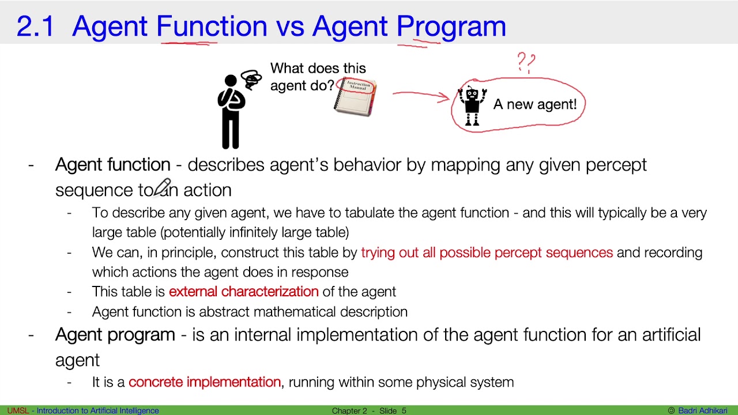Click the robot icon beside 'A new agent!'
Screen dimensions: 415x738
click(x=472, y=105)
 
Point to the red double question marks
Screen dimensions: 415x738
click(x=526, y=62)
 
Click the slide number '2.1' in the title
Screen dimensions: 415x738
click(x=35, y=27)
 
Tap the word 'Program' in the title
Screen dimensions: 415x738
click(x=451, y=27)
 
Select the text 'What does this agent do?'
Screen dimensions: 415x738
click(x=317, y=77)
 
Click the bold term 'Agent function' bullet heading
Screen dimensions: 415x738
click(x=112, y=165)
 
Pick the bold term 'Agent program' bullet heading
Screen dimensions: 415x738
click(x=115, y=335)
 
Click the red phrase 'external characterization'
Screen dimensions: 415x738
click(x=243, y=292)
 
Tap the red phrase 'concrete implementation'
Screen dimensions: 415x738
click(x=205, y=382)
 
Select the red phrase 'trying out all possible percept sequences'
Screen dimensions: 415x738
click(x=487, y=252)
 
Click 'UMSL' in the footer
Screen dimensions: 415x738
click(x=17, y=410)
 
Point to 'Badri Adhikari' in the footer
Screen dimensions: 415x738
click(x=702, y=410)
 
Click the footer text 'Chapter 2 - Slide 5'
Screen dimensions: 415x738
click(x=369, y=410)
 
